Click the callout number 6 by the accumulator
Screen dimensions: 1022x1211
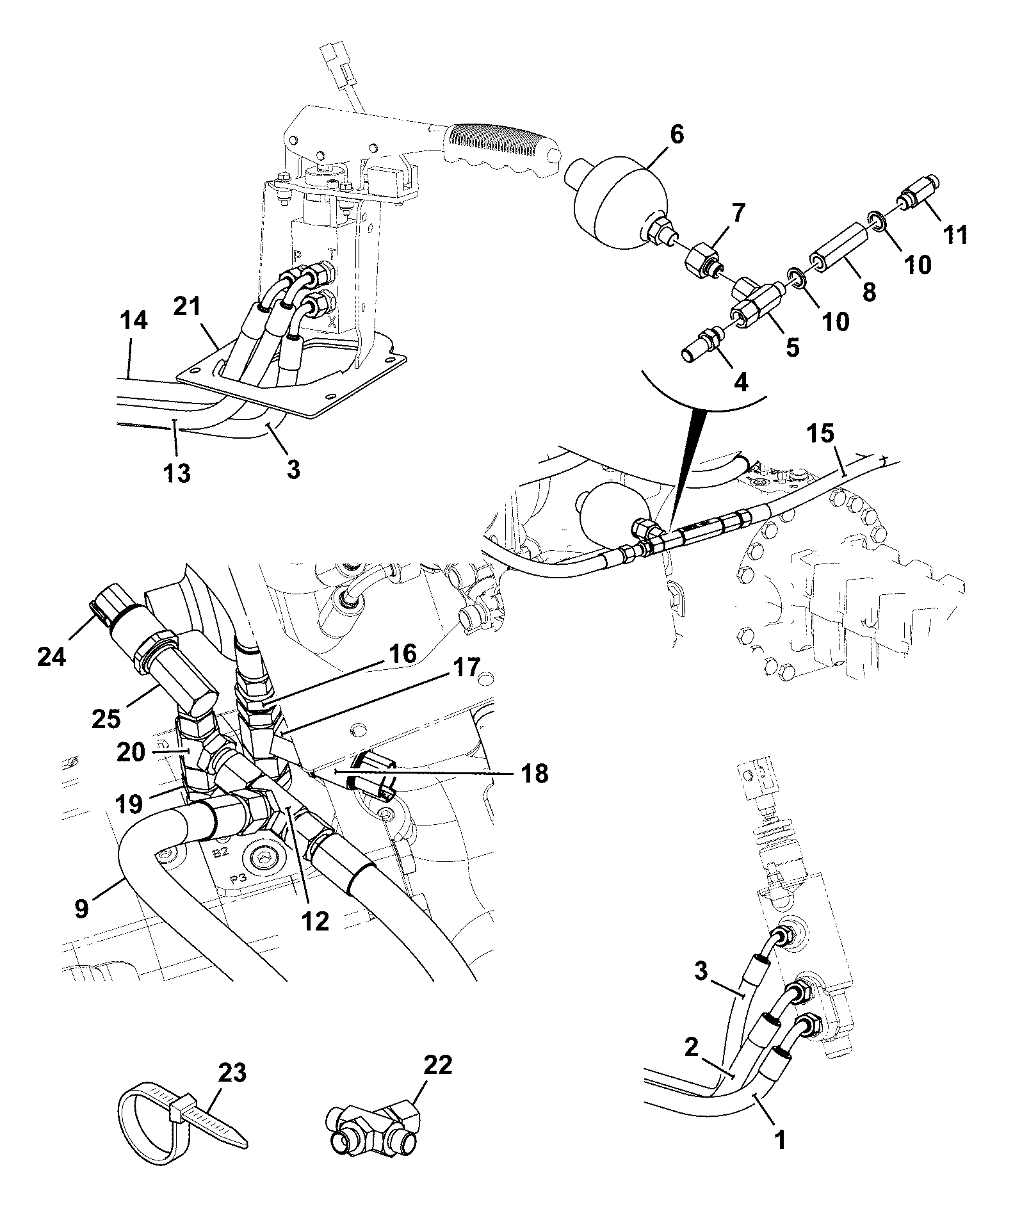(x=659, y=135)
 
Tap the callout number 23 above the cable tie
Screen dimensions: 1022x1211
(x=232, y=1073)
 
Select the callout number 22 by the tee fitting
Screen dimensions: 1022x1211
(x=437, y=1065)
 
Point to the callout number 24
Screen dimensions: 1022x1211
(x=51, y=656)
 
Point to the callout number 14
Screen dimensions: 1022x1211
(x=133, y=320)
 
